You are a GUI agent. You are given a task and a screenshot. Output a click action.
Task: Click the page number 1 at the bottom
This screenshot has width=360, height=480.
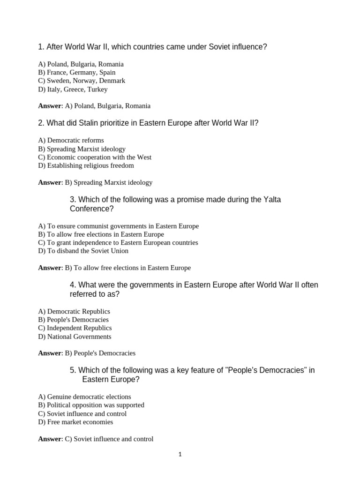click(x=180, y=454)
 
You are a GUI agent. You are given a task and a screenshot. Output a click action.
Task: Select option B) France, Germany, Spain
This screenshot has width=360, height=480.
click(x=76, y=72)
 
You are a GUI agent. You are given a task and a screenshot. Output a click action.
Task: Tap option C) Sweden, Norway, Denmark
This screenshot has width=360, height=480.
click(x=82, y=81)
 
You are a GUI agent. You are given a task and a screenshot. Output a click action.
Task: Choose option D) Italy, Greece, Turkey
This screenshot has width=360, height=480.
click(x=73, y=89)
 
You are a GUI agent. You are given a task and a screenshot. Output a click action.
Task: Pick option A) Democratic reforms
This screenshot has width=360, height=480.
click(x=71, y=140)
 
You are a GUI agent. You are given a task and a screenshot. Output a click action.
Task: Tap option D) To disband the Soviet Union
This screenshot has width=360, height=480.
click(x=83, y=251)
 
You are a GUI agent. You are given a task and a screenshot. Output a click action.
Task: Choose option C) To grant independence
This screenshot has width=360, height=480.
click(x=118, y=242)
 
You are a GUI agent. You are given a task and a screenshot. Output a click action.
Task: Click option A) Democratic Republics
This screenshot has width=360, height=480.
click(x=74, y=311)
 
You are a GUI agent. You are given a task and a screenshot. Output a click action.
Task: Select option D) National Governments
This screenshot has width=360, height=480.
click(x=75, y=337)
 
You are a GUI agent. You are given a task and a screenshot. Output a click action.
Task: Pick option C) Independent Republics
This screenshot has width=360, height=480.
click(x=75, y=328)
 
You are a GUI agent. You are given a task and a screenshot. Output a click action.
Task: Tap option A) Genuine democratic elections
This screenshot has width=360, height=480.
click(x=84, y=397)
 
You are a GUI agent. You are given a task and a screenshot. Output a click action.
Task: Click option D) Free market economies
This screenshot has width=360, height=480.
click(x=75, y=422)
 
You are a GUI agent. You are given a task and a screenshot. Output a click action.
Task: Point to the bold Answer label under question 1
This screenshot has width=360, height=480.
click(x=50, y=106)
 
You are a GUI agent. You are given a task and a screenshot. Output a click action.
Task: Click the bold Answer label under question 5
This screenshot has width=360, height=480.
click(x=50, y=439)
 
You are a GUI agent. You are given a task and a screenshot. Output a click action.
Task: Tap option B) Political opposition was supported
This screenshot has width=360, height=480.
click(x=91, y=405)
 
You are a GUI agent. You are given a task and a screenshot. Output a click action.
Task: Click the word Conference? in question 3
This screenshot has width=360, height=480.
click(x=92, y=209)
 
